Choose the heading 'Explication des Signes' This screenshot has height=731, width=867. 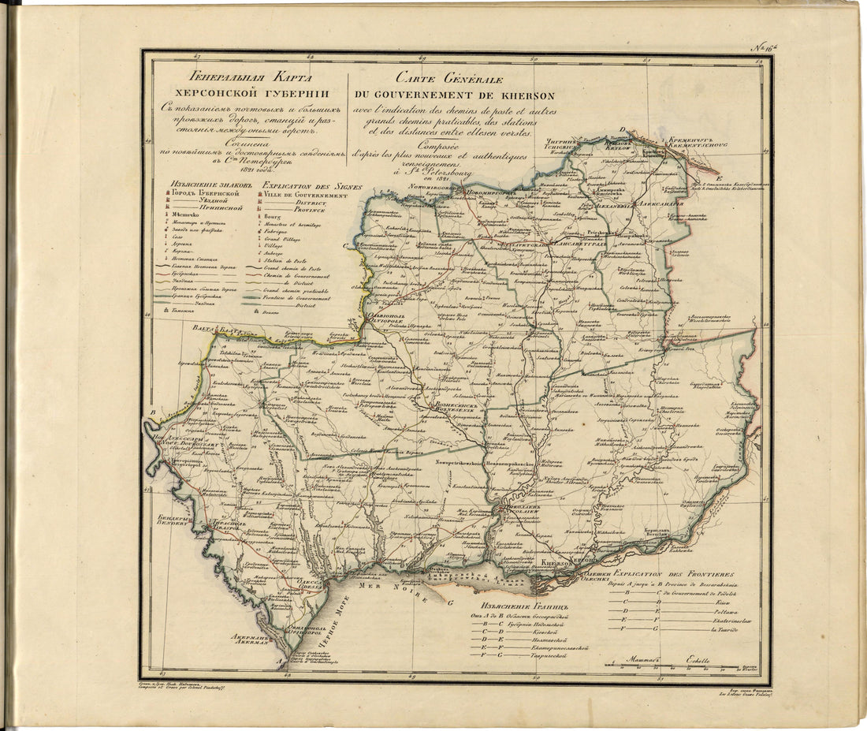tap(303, 186)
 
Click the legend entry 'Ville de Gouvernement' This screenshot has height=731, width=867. tap(305, 195)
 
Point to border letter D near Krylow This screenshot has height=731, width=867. tap(622, 130)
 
